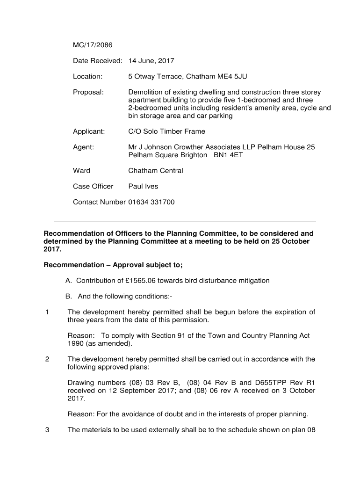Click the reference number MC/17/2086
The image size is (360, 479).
click(93, 45)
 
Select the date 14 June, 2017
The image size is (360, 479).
click(151, 61)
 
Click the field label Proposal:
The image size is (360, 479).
click(88, 92)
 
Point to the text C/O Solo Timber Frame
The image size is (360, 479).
click(166, 131)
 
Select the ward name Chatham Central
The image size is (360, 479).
click(156, 171)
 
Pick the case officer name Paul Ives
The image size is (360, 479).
click(143, 186)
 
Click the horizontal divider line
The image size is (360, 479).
click(185, 221)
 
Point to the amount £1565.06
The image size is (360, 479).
click(147, 281)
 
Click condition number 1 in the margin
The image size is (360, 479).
click(47, 312)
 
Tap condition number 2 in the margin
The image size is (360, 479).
click(47, 359)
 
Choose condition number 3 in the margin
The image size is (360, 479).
click(47, 430)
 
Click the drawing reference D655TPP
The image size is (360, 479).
click(269, 383)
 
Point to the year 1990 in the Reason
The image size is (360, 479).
click(76, 344)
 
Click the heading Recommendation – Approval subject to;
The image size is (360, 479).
click(113, 265)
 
